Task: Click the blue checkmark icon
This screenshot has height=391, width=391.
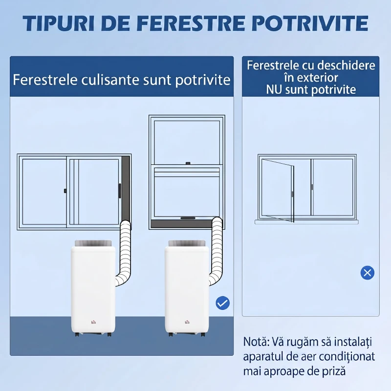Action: pyautogui.click(x=222, y=303)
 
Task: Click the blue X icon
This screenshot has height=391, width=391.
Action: pyautogui.click(x=367, y=273)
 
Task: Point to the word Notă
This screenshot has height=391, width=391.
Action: pyautogui.click(x=257, y=341)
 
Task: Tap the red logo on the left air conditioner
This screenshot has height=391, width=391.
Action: pyautogui.click(x=93, y=321)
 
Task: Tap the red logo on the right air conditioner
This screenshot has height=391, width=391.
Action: pyautogui.click(x=187, y=321)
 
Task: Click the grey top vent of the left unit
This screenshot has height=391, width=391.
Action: pyautogui.click(x=93, y=242)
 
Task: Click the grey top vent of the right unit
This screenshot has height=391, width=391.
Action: pyautogui.click(x=187, y=242)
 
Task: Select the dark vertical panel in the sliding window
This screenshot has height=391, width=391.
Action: pyautogui.click(x=126, y=188)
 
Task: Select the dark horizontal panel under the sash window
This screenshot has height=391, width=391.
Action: pyautogui.click(x=186, y=224)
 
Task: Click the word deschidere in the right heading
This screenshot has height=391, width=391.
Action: pyautogui.click(x=348, y=65)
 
